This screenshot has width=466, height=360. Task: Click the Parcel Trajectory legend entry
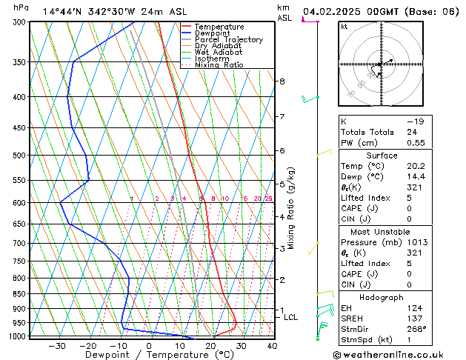228,39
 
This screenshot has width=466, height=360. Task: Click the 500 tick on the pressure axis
17,156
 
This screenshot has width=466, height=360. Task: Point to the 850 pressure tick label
17,294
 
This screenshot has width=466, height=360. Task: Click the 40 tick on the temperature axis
272,345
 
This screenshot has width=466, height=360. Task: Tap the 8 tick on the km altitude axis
282,81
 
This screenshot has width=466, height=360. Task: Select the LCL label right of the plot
291,317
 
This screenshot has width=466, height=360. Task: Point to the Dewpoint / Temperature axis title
150,356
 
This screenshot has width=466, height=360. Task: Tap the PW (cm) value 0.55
415,143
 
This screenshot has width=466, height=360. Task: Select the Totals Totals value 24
411,132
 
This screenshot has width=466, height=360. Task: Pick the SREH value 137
413,319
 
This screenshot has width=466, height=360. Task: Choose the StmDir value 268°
415,330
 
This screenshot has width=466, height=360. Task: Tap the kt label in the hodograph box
344,27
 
